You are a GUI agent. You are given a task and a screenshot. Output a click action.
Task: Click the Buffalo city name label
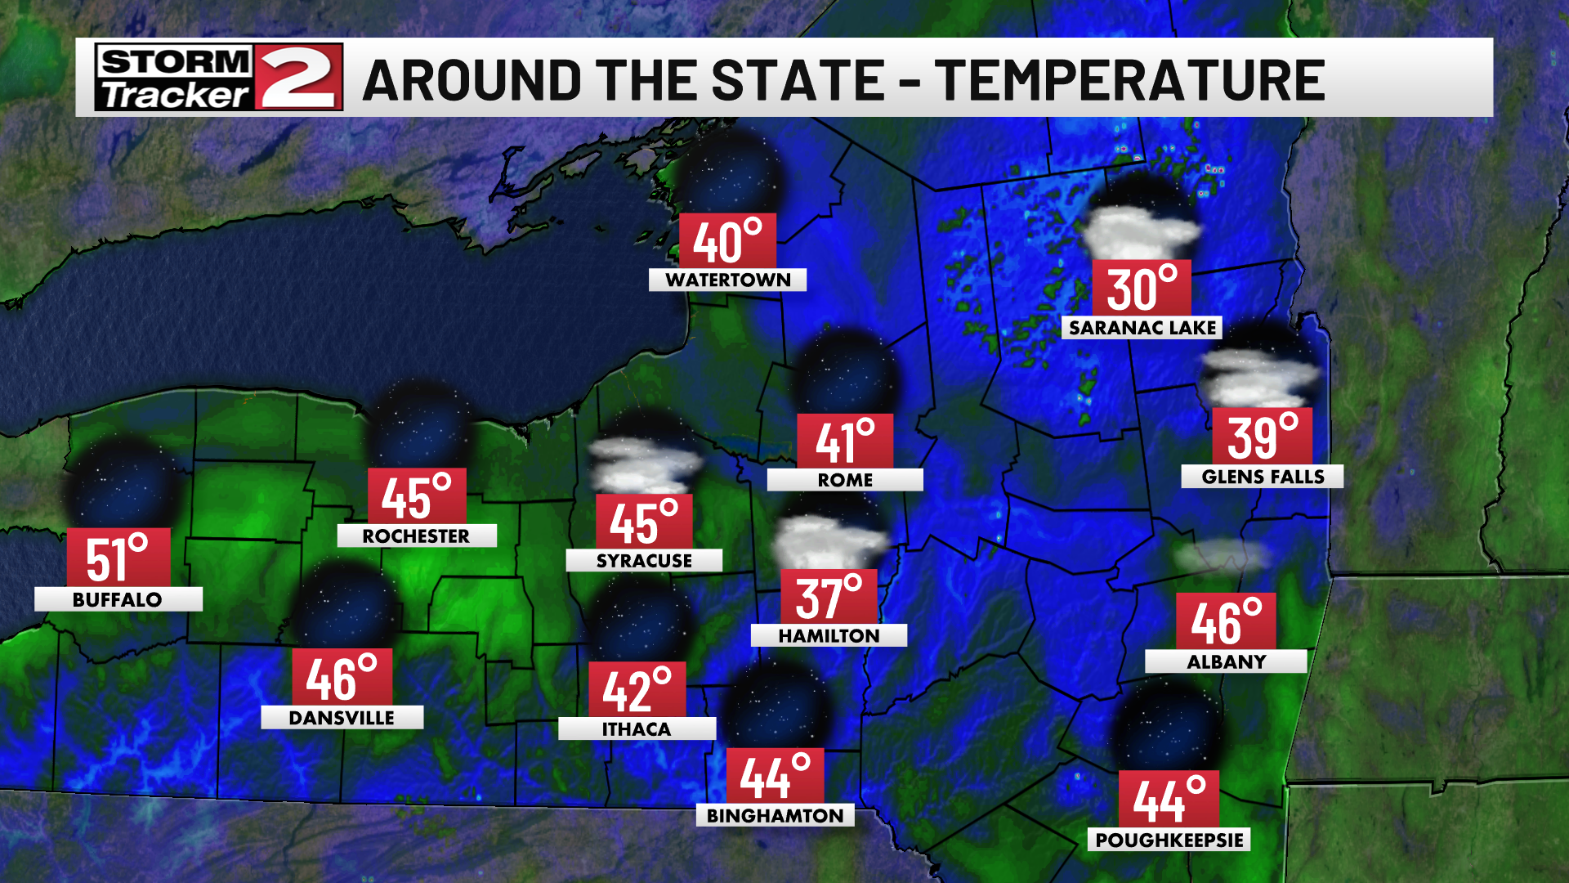coord(118,599)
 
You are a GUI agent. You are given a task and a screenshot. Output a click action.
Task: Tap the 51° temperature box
coord(118,558)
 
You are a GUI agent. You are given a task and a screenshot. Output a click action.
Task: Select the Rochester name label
coord(416,536)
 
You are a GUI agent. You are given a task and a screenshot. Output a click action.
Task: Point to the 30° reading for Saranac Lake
coord(1142,289)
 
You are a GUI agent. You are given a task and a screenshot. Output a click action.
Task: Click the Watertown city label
coord(727,280)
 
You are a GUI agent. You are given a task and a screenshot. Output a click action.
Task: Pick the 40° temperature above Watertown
coord(727,241)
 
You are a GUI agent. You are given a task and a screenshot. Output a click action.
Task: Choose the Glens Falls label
coord(1262,477)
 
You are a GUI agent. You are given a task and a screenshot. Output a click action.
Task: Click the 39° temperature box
coord(1262,436)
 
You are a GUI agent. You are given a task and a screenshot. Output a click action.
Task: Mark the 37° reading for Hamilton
coord(829,597)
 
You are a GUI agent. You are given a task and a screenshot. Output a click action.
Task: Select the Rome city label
coord(845,480)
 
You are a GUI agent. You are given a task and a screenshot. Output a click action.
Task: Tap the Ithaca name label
coord(637,728)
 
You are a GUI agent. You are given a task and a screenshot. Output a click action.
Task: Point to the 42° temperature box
coord(637,690)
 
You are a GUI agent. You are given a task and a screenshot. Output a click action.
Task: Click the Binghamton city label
coord(775,815)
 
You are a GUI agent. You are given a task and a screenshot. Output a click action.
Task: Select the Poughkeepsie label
coord(1169,840)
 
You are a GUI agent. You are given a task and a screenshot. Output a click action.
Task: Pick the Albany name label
coord(1226,661)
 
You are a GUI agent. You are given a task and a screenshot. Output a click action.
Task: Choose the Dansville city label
coord(342,717)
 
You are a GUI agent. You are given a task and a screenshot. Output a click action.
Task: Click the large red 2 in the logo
coord(298,78)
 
